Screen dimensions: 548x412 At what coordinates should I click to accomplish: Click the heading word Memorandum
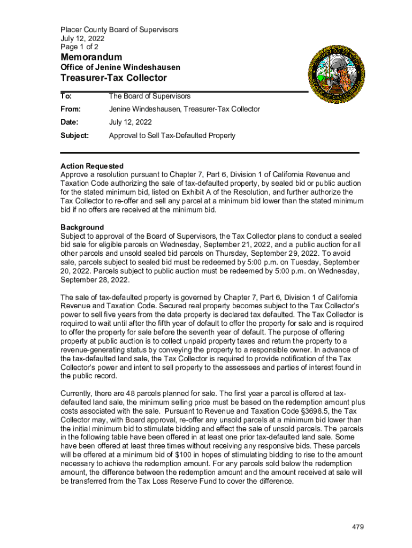91,57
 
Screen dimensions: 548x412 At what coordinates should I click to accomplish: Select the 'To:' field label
66,96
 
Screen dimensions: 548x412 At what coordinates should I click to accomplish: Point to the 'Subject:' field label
75,135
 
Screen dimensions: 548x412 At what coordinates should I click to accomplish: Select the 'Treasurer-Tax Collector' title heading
113,78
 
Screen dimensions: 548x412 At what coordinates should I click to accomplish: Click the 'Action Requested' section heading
92,166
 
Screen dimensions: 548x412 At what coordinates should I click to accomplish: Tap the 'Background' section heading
82,227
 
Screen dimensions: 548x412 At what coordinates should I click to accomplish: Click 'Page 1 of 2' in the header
79,47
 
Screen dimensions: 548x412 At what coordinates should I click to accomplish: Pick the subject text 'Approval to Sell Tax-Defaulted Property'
172,135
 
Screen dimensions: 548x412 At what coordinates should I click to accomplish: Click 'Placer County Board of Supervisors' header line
119,30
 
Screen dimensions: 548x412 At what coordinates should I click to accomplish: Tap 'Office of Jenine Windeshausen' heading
120,67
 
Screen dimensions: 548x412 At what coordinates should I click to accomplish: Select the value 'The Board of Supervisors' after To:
149,96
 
